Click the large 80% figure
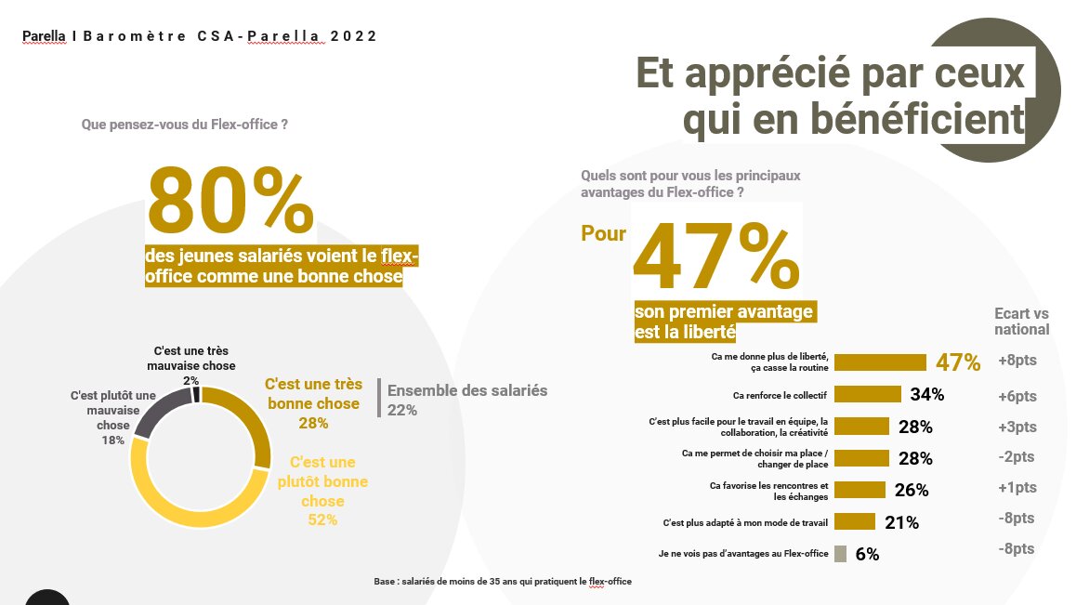(230, 200)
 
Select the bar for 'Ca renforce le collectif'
(868, 394)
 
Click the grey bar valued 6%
(840, 554)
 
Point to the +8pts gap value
(1017, 361)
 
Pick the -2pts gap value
(1017, 457)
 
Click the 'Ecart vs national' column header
(1021, 322)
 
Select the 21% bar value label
(901, 523)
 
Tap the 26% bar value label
(911, 491)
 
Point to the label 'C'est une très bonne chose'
(312, 394)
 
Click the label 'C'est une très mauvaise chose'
(191, 359)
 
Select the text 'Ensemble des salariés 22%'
(466, 400)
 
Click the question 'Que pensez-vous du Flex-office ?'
(184, 124)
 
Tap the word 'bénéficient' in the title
(853, 120)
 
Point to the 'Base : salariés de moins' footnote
(502, 581)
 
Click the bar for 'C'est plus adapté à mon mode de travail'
(855, 521)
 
